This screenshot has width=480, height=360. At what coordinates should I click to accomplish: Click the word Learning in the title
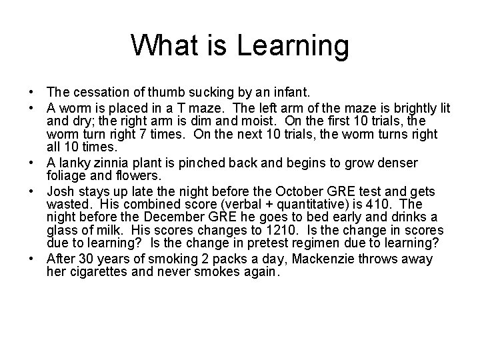pyautogui.click(x=294, y=47)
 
